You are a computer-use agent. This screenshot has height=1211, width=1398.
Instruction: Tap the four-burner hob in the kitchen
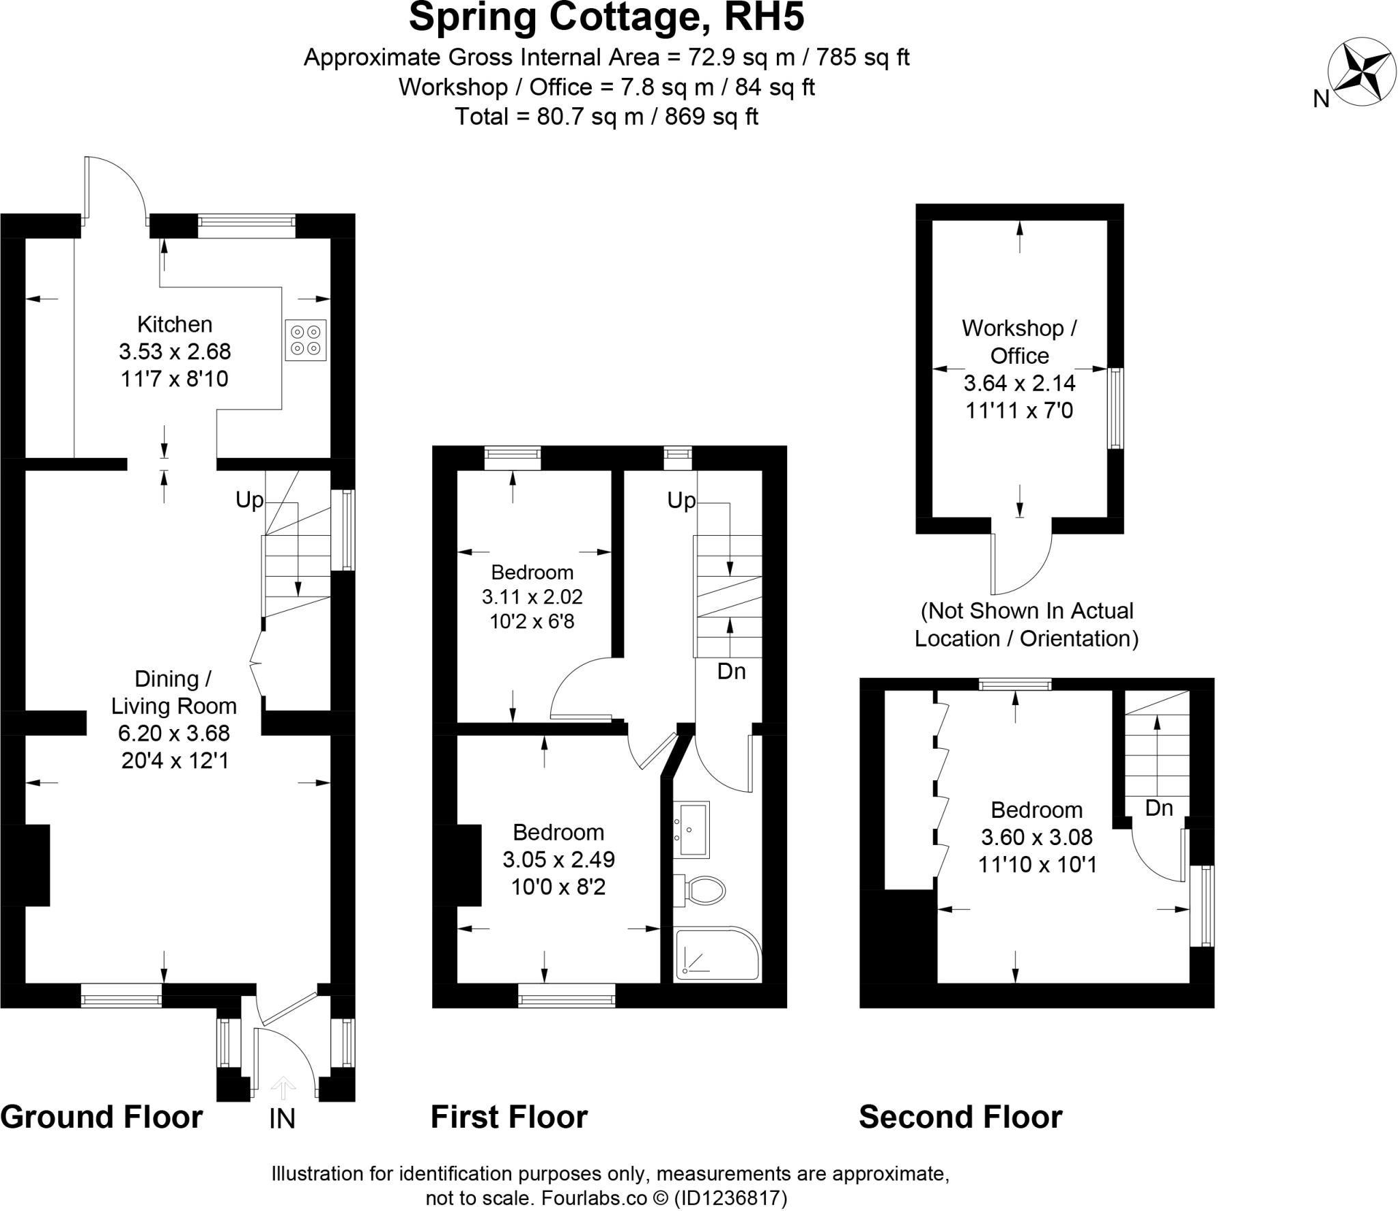(x=305, y=340)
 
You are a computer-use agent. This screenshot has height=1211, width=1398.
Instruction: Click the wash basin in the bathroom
(x=692, y=829)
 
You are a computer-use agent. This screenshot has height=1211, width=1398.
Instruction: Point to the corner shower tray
(x=717, y=954)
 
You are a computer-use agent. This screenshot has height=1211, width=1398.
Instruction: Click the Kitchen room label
(x=175, y=324)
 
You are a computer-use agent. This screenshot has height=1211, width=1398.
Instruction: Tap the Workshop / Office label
(x=1019, y=341)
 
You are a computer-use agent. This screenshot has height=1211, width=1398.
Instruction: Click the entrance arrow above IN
(x=283, y=1087)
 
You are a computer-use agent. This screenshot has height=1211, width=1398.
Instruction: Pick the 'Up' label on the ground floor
(x=249, y=500)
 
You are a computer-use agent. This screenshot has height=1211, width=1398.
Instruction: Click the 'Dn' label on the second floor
(x=1158, y=808)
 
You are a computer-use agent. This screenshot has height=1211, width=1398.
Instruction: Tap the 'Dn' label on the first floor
(x=731, y=672)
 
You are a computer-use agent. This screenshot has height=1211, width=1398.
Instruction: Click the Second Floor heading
(x=960, y=1117)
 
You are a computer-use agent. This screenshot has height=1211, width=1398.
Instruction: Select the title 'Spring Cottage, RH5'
(x=606, y=18)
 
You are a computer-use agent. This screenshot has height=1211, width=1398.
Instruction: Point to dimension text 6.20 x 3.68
(x=174, y=733)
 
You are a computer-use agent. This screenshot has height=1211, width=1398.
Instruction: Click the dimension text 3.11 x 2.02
(x=532, y=597)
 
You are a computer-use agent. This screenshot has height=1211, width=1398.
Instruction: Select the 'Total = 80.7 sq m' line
(x=606, y=117)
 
